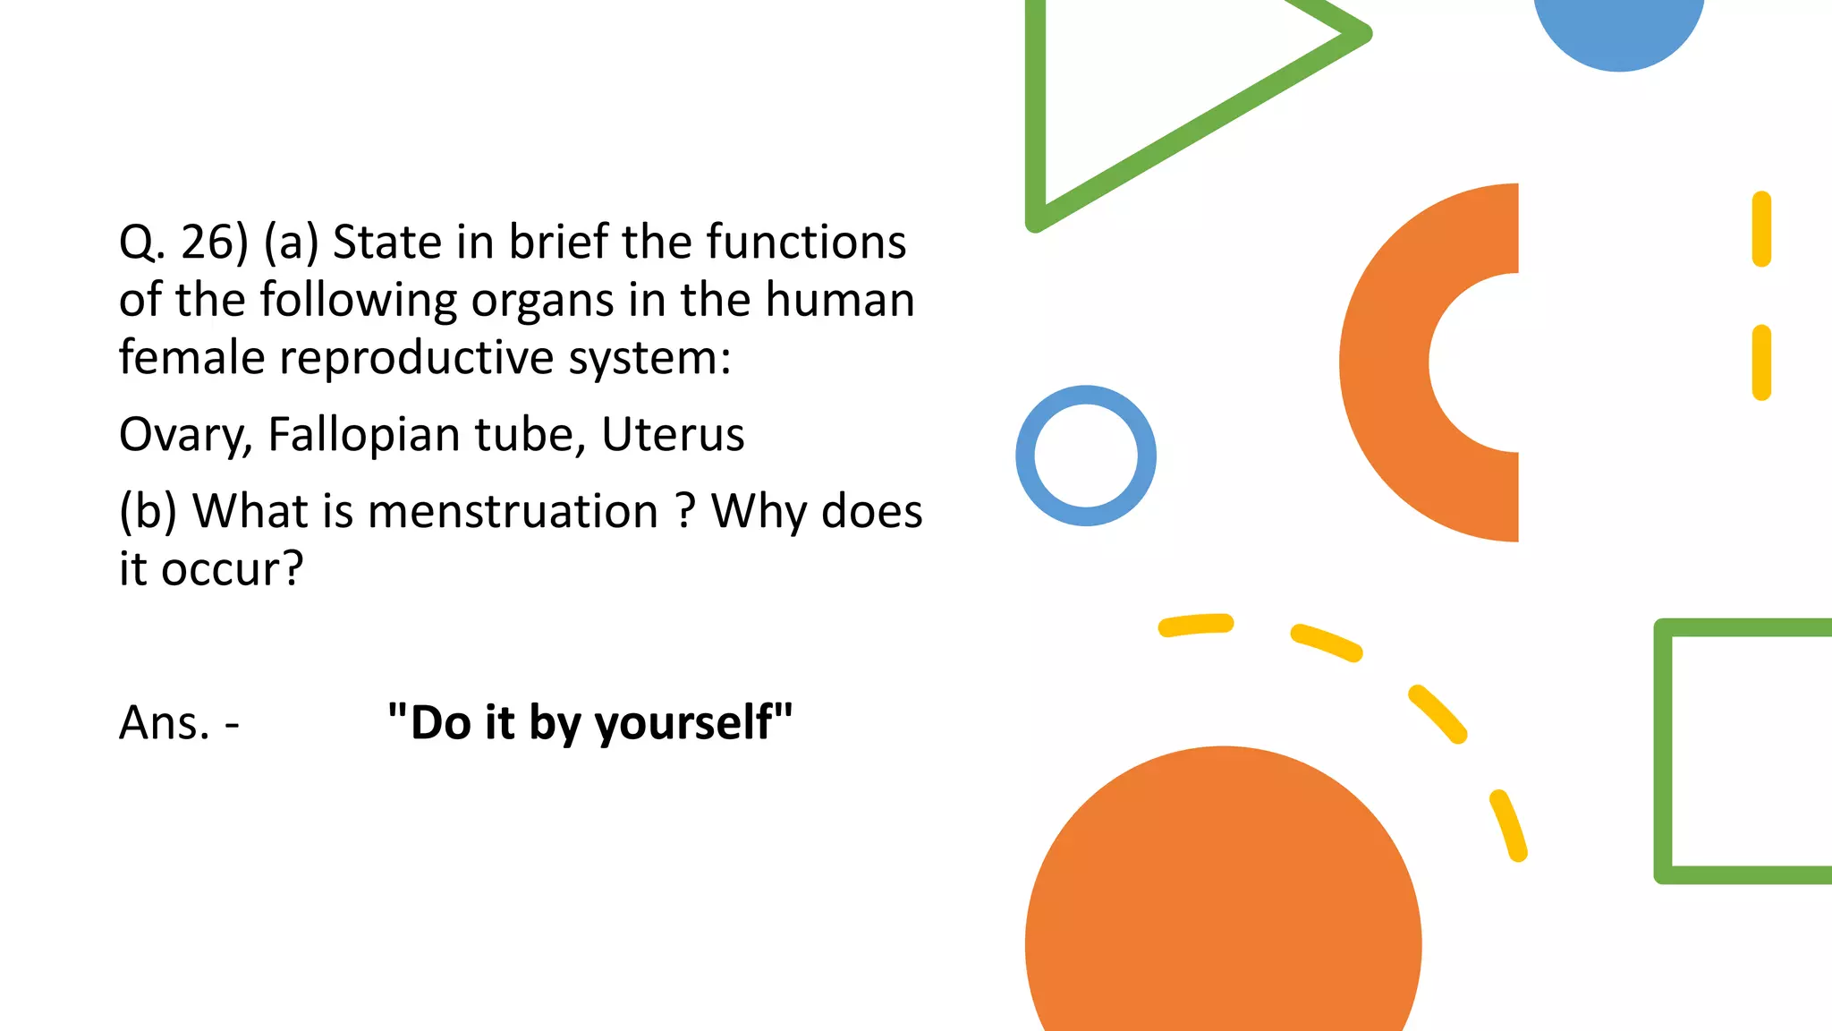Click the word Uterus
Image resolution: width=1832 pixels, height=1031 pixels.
pos(673,435)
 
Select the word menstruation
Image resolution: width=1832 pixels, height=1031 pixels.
pos(513,512)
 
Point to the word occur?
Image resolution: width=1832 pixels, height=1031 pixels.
pos(233,569)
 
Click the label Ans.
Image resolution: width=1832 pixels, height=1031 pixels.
pos(165,723)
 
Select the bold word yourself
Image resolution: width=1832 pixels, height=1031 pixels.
pos(693,723)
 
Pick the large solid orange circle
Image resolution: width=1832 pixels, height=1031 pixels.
pos(1223,904)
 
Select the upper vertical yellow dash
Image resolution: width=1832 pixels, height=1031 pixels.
pos(1761,229)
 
